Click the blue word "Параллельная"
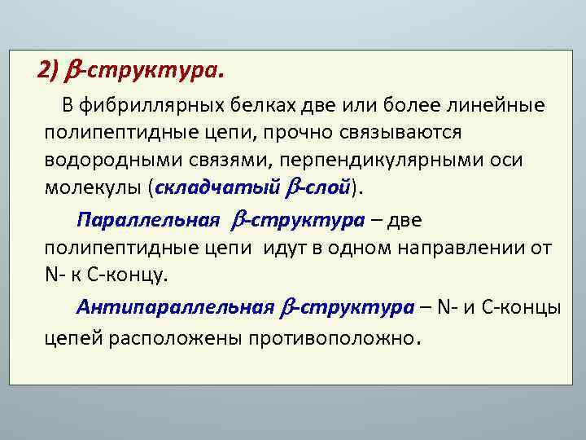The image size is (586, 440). click(149, 220)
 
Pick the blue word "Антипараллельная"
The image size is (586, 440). click(175, 307)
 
